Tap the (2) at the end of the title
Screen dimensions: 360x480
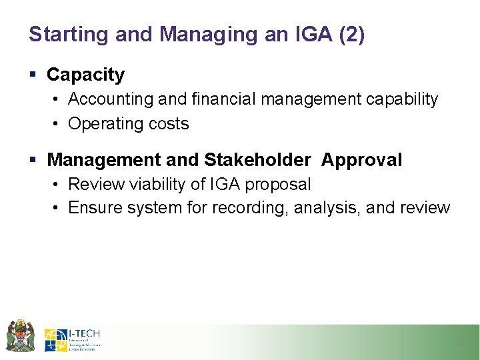click(x=351, y=35)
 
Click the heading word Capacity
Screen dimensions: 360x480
click(x=85, y=75)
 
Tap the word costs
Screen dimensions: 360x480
click(x=169, y=124)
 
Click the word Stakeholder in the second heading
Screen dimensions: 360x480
click(x=257, y=160)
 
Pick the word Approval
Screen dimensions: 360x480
click(x=361, y=160)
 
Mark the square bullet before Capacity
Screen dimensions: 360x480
click(x=34, y=75)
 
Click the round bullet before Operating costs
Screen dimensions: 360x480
click(x=57, y=124)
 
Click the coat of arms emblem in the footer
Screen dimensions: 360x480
click(x=20, y=335)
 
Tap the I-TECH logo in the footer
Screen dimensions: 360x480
click(x=73, y=340)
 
